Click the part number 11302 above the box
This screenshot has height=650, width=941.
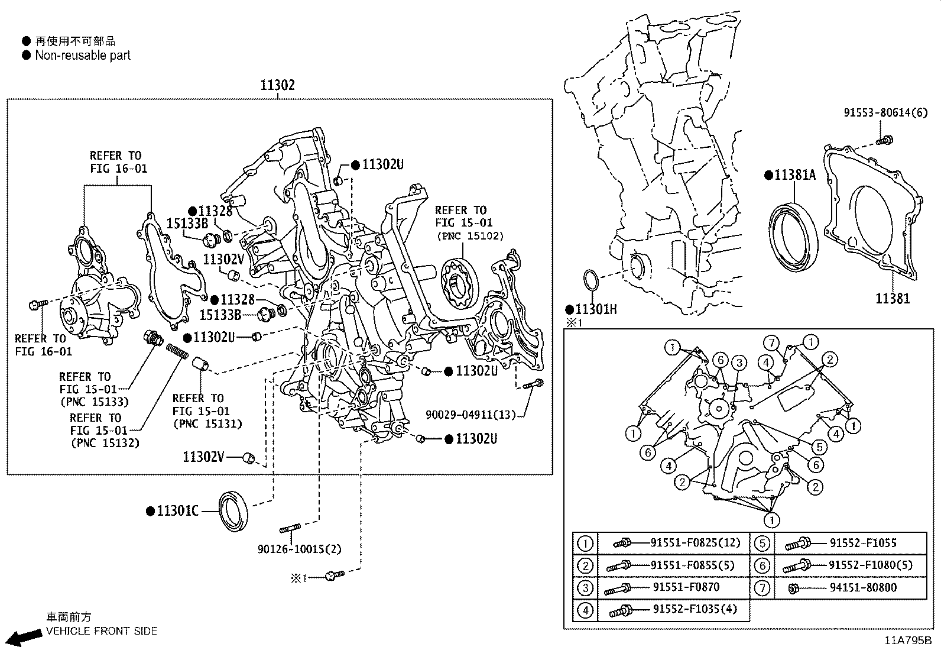pyautogui.click(x=277, y=85)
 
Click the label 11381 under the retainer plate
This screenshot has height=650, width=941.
pyautogui.click(x=893, y=299)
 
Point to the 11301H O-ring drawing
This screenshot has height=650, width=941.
pyautogui.click(x=591, y=282)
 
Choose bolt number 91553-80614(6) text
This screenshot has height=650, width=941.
pyautogui.click(x=885, y=112)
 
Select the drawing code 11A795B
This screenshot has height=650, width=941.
pyautogui.click(x=908, y=641)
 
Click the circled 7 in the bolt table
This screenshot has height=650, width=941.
pyautogui.click(x=762, y=588)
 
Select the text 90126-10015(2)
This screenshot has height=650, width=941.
pyautogui.click(x=300, y=549)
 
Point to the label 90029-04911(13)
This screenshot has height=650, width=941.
pyautogui.click(x=471, y=415)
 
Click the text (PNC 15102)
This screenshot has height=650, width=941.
pyautogui.click(x=470, y=236)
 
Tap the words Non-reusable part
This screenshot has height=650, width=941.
pyautogui.click(x=83, y=56)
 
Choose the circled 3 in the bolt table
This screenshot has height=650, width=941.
pyautogui.click(x=585, y=588)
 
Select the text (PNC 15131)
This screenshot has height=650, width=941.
pyautogui.click(x=207, y=423)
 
